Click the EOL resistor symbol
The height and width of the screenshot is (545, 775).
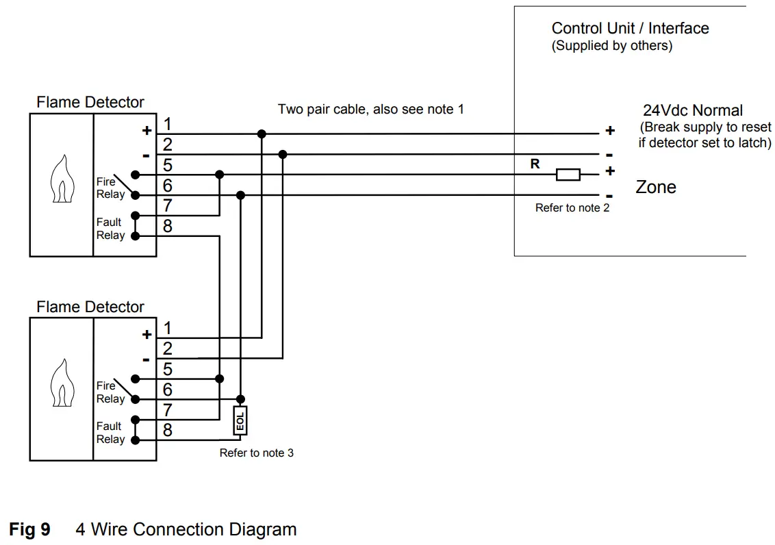tap(240, 420)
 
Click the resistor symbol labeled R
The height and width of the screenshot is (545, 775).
tap(568, 175)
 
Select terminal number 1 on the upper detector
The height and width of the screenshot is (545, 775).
tap(167, 125)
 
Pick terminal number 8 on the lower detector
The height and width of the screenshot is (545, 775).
tap(167, 431)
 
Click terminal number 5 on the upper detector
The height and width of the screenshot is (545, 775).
tap(167, 166)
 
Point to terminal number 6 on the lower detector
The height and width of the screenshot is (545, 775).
tap(167, 390)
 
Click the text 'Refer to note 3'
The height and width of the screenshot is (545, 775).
tap(256, 453)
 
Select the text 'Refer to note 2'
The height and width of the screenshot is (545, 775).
tap(572, 208)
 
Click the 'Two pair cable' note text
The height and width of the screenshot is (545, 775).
tap(370, 109)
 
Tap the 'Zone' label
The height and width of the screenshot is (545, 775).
tap(655, 187)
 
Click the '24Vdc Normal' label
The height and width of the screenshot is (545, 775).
tap(692, 110)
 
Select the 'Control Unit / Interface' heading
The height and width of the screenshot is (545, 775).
tap(630, 28)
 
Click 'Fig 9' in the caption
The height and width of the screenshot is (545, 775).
tap(29, 529)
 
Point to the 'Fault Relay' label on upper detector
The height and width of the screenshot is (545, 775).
tap(110, 229)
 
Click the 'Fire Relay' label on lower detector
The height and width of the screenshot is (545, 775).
tap(110, 392)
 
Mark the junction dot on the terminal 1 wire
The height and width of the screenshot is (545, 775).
tap(262, 134)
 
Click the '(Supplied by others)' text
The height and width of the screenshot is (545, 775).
tap(611, 46)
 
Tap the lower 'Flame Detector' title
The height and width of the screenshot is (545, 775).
tap(90, 307)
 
